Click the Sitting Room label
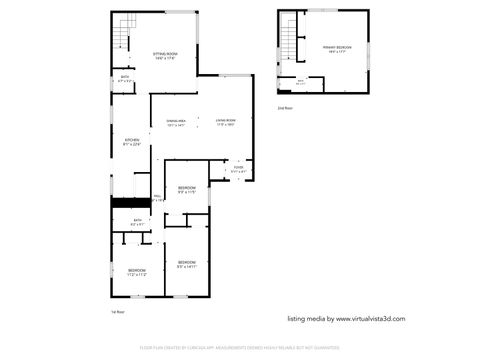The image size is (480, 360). (x=165, y=56)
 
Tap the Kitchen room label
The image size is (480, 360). (x=132, y=142)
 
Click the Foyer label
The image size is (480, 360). (x=238, y=170)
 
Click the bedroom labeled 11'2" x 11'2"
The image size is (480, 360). (x=137, y=271)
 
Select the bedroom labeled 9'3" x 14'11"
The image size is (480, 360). (x=186, y=266)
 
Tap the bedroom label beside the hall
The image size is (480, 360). (x=187, y=190)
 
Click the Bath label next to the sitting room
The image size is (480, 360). (x=125, y=79)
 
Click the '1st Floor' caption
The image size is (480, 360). (x=118, y=312)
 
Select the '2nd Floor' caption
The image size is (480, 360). (x=285, y=107)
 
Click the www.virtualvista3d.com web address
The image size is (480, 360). (x=346, y=319)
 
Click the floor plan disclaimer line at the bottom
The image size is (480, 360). (x=240, y=349)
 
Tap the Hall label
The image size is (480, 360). (x=157, y=198)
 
